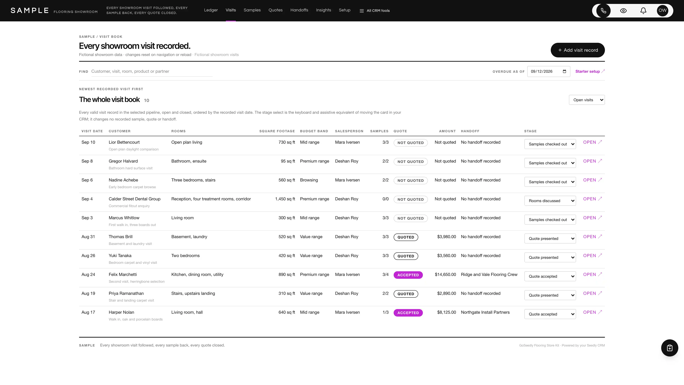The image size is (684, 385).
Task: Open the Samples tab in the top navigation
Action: [x=252, y=10]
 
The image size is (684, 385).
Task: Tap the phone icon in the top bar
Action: [x=603, y=11]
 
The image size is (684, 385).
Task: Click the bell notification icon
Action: [x=643, y=11]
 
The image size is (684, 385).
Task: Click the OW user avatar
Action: [x=662, y=11]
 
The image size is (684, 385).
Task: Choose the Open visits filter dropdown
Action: [x=587, y=100]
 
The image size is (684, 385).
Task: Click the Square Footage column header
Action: [x=277, y=131]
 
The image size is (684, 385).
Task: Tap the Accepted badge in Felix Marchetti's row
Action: [x=408, y=275]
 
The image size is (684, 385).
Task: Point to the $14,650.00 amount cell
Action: [x=445, y=275]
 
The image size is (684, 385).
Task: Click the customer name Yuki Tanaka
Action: [x=120, y=256]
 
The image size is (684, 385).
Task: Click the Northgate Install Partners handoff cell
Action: [x=485, y=312]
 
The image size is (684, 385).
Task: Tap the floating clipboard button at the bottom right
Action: [x=669, y=348]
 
